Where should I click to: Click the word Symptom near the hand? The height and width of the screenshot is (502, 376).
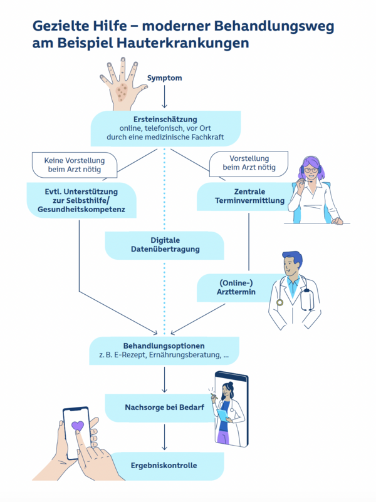point(164,78)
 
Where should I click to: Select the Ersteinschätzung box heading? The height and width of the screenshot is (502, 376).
point(165,119)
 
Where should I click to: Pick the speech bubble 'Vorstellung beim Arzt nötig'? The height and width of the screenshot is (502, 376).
point(249,163)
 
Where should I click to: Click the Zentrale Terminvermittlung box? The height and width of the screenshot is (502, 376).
point(241,196)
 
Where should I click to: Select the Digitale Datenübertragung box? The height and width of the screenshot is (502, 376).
point(165,245)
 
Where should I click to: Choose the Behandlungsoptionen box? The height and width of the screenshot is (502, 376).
point(164,350)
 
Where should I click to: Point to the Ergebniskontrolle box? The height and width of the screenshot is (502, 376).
point(164,465)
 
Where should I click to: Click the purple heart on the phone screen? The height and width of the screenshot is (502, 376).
point(77,427)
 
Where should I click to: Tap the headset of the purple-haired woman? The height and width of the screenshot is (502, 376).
point(305,170)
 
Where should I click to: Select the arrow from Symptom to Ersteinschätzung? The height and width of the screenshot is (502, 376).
point(164,98)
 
